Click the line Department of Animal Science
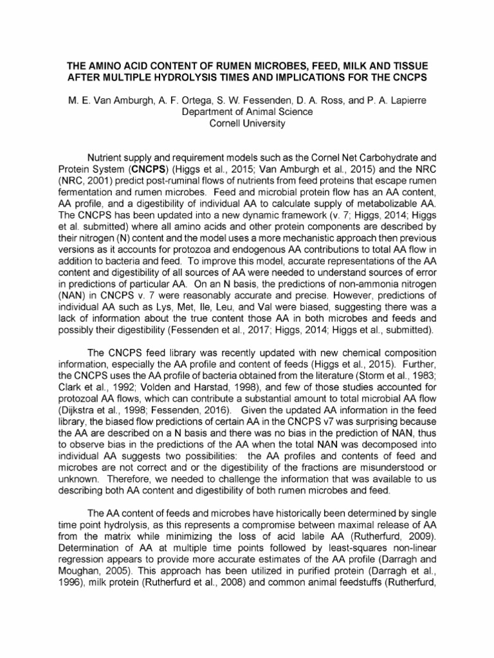pyautogui.click(x=247, y=112)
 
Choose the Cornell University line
pyautogui.click(x=247, y=123)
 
